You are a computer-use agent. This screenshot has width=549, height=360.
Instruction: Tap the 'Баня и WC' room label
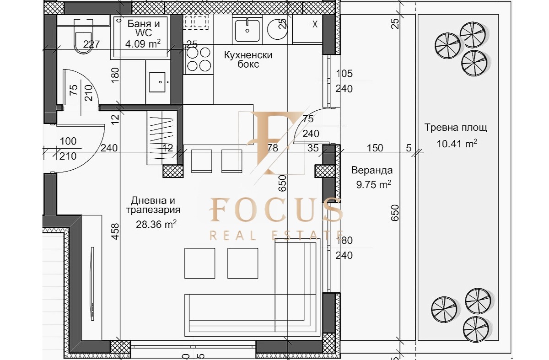coord(142,29)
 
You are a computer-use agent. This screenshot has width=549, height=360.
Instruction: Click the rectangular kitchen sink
coord(247,29)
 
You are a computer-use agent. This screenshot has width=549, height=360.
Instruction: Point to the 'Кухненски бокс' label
coord(248,59)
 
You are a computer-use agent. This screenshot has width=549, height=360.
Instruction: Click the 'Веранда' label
coord(371,171)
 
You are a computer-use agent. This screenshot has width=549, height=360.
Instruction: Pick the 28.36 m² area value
coord(156,224)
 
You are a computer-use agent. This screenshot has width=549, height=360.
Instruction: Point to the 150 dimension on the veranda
coord(375,148)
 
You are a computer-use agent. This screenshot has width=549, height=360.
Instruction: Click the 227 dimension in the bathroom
coord(91,44)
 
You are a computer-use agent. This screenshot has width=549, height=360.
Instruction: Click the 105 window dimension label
coord(344,74)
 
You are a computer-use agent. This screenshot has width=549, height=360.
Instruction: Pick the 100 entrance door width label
coord(68,142)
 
